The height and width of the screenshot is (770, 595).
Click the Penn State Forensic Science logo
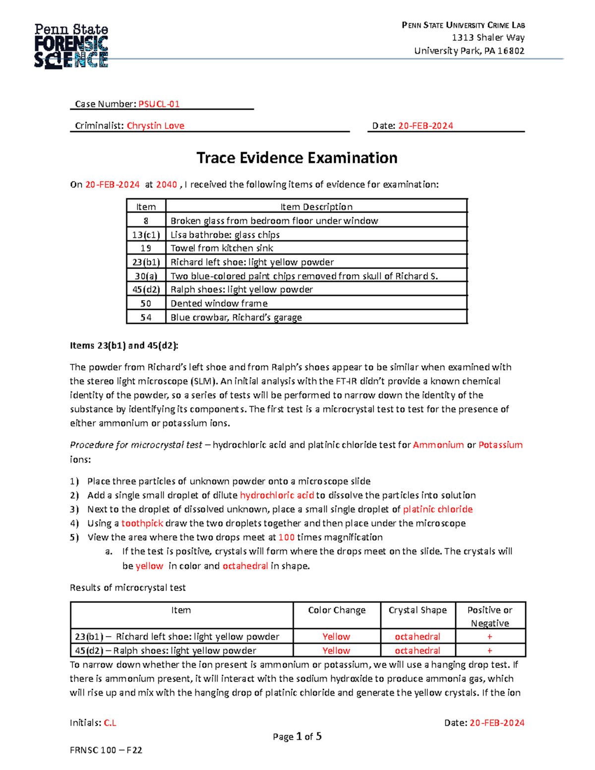click(71, 46)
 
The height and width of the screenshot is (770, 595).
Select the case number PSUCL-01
click(159, 104)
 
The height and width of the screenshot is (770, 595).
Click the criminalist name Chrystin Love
click(155, 126)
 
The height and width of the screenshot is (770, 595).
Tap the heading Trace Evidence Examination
click(297, 158)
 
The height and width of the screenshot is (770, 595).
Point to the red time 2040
click(166, 184)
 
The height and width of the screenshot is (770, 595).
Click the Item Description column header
click(316, 207)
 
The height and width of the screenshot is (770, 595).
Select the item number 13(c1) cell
click(146, 235)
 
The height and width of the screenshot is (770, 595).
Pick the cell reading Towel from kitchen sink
click(222, 248)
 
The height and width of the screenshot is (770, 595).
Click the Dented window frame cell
click(219, 303)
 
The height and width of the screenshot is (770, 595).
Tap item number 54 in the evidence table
click(146, 317)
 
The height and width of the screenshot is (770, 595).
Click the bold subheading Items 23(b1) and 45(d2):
click(123, 346)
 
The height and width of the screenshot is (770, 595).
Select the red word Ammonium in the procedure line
click(438, 445)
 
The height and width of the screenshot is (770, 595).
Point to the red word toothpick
click(142, 523)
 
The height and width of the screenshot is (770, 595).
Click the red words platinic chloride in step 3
click(437, 509)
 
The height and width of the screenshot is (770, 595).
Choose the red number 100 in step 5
click(287, 537)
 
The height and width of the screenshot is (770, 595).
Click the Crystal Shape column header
click(417, 610)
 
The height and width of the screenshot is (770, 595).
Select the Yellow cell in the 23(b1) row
click(336, 637)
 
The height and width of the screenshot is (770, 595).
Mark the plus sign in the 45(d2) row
click(489, 651)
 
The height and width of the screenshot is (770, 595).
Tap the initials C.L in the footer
click(110, 723)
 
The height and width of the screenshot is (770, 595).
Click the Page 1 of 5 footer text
click(297, 737)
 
